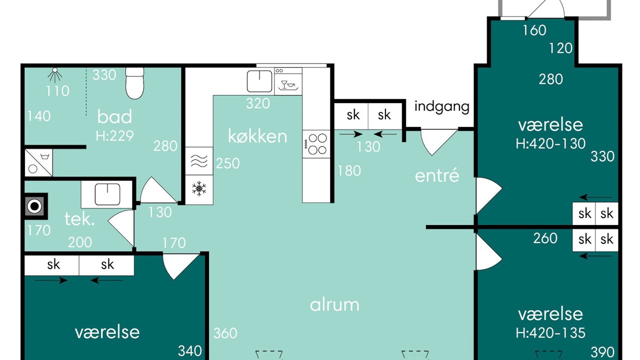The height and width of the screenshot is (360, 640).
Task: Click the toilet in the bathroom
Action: [134, 83]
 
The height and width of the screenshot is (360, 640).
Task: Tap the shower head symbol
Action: [55, 75]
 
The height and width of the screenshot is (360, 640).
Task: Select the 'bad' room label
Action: [114, 116]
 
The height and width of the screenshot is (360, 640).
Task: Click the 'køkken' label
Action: [257, 136]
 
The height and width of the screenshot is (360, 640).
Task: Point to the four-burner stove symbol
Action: [316, 144]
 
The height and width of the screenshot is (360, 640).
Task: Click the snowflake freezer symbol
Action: [199, 188]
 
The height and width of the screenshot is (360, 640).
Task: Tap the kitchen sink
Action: [259, 81]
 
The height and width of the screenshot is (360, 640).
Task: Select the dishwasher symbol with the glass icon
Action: [288, 81]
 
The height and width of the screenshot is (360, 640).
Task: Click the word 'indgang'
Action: [441, 107]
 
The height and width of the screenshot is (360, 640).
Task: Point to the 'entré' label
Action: [437, 175]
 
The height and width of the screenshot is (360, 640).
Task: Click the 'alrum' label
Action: [334, 304]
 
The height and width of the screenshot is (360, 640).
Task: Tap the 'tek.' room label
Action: [79, 219]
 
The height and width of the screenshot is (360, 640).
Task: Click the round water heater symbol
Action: [35, 206]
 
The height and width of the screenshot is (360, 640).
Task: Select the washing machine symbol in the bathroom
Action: [38, 162]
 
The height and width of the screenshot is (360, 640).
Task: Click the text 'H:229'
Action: [114, 135]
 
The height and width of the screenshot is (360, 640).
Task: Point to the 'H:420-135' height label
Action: [550, 333]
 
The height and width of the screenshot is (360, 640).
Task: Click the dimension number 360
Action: [225, 333]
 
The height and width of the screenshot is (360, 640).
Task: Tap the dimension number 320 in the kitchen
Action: [258, 103]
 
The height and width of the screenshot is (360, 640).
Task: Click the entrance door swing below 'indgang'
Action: [438, 142]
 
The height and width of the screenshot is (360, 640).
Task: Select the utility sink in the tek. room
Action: [107, 194]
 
